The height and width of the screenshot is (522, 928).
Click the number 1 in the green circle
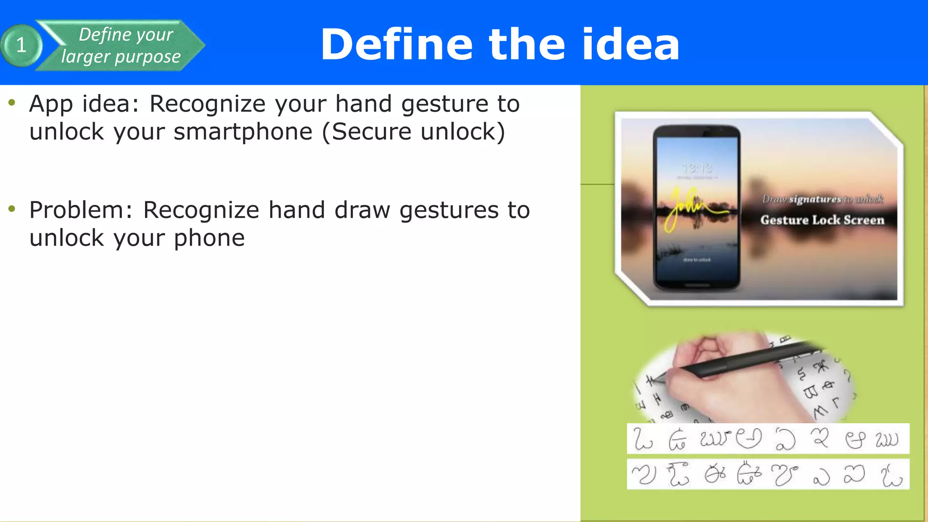point(21,45)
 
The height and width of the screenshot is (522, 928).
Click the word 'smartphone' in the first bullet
point(243,132)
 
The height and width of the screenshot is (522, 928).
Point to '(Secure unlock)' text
point(413,132)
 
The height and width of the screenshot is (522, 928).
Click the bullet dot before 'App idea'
point(12,102)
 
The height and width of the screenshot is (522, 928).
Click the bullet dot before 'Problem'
point(12,209)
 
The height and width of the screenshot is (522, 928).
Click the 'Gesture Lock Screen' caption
point(822,220)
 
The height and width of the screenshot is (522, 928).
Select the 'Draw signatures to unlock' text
point(822,199)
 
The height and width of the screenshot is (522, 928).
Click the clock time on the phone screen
point(697,169)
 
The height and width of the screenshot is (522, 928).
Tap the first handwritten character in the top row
point(642,439)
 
